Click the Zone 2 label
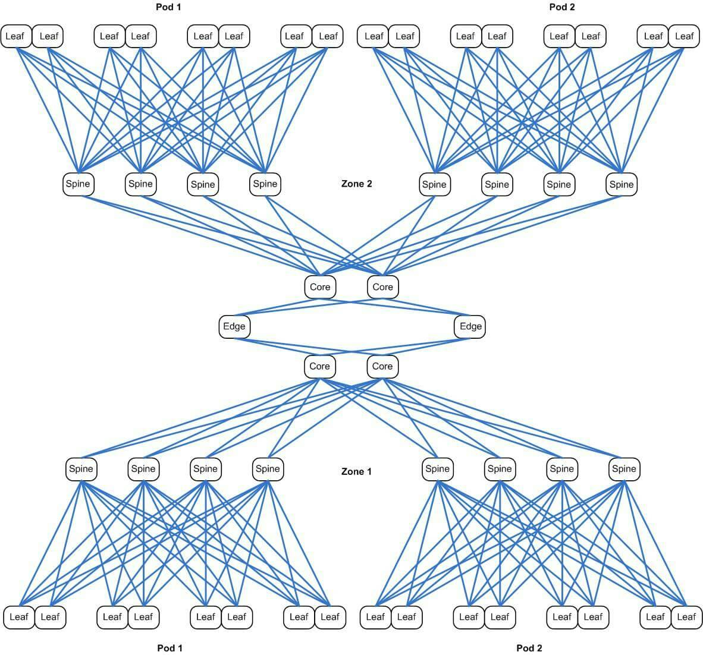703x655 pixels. pyautogui.click(x=356, y=184)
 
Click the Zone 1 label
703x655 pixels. pyautogui.click(x=356, y=471)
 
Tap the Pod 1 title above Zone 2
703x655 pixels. pyautogui.click(x=167, y=7)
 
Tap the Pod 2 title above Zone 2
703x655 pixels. pyautogui.click(x=562, y=7)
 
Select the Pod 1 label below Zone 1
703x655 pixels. pyautogui.click(x=170, y=647)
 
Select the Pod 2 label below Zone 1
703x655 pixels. pyautogui.click(x=529, y=647)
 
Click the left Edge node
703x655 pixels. pyautogui.click(x=234, y=326)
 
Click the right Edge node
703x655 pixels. pyautogui.click(x=470, y=326)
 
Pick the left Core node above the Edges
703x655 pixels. pyautogui.click(x=320, y=287)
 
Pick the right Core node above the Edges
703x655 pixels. pyautogui.click(x=382, y=287)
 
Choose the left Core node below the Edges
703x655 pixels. pyautogui.click(x=319, y=366)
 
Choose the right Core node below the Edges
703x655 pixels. pyautogui.click(x=382, y=366)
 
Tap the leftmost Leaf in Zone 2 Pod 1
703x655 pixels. pyautogui.click(x=15, y=36)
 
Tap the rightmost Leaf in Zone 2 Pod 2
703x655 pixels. pyautogui.click(x=684, y=36)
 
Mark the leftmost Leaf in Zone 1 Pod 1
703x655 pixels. pyautogui.click(x=18, y=617)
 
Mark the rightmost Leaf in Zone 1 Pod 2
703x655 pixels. pyautogui.click(x=686, y=617)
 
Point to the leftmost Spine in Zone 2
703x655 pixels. pyautogui.click(x=78, y=184)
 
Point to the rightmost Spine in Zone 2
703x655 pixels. pyautogui.click(x=622, y=184)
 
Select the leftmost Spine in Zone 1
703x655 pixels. pyautogui.click(x=81, y=469)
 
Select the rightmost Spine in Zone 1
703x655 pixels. pyautogui.click(x=624, y=469)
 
